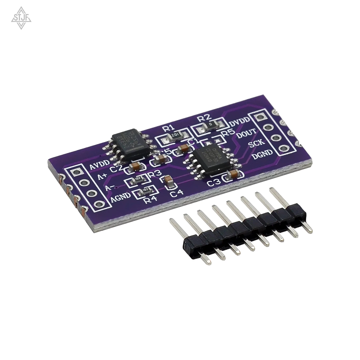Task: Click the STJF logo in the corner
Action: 21,18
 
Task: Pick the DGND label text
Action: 262,154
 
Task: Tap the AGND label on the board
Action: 121,196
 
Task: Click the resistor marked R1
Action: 173,138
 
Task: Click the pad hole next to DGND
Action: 282,148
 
